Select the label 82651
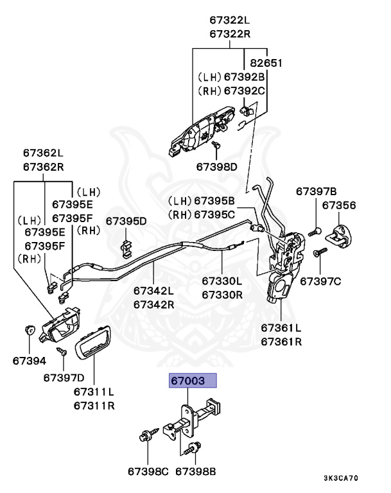266,63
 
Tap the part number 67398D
218,166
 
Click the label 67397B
317,191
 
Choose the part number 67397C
321,281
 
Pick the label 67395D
126,221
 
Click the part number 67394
29,361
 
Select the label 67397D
64,377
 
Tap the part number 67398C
148,472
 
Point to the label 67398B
196,472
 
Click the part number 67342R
154,305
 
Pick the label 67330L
222,281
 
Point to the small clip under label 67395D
126,244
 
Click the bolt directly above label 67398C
144,439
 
